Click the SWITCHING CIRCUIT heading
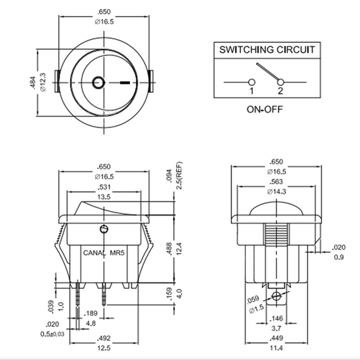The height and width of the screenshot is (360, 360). pyautogui.click(x=267, y=49)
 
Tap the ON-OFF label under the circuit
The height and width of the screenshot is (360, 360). pyautogui.click(x=265, y=109)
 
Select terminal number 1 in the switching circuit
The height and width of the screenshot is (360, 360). pyautogui.click(x=252, y=91)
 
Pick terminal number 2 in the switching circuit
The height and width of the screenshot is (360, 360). pyautogui.click(x=280, y=91)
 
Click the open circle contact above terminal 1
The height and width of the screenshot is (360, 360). pyautogui.click(x=252, y=82)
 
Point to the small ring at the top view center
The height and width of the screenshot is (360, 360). pyautogui.click(x=98, y=82)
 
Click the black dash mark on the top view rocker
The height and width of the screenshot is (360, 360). pyautogui.click(x=126, y=83)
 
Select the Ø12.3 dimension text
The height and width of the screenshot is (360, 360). pyautogui.click(x=43, y=82)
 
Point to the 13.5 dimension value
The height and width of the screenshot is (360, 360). pyautogui.click(x=104, y=197)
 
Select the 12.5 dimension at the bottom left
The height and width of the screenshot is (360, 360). pyautogui.click(x=104, y=348)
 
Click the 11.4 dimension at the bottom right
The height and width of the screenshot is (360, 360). pyautogui.click(x=276, y=348)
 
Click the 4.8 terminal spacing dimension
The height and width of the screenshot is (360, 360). pyautogui.click(x=91, y=323)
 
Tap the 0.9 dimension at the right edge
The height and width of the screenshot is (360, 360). pyautogui.click(x=338, y=257)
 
